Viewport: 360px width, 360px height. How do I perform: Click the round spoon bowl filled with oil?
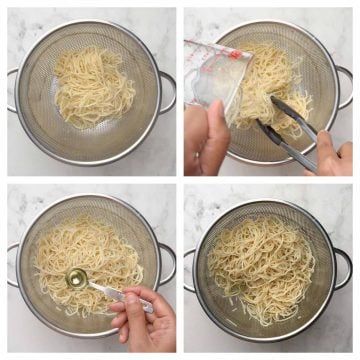pyautogui.click(x=77, y=278)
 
